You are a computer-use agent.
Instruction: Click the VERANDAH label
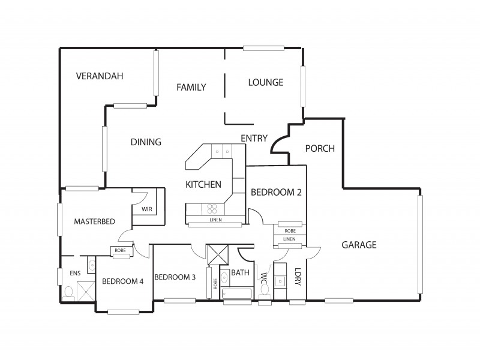click(100, 76)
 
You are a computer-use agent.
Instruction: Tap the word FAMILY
click(191, 88)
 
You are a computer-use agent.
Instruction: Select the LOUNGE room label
click(266, 83)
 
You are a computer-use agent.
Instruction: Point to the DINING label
click(146, 142)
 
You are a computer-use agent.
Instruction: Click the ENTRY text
click(254, 139)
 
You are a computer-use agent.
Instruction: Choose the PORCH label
click(320, 149)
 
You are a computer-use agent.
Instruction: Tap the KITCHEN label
click(203, 185)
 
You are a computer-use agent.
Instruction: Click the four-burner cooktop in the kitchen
click(212, 209)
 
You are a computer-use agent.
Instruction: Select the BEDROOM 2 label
click(275, 193)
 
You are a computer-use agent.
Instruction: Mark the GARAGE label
click(359, 245)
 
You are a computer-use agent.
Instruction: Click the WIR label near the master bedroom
click(147, 209)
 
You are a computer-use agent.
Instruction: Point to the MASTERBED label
click(94, 221)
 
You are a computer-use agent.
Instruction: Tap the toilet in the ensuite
click(68, 292)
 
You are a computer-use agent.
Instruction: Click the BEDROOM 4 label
click(122, 281)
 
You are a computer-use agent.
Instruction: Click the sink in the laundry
click(280, 281)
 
